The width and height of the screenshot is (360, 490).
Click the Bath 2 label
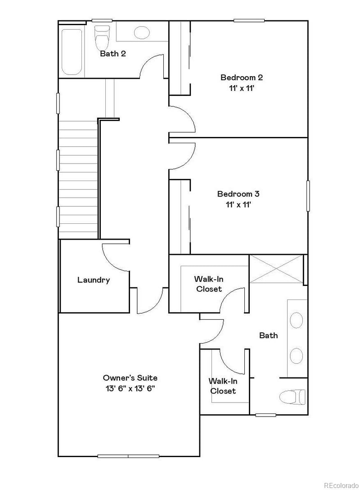(x=112, y=54)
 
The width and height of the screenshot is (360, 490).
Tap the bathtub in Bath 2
(x=72, y=52)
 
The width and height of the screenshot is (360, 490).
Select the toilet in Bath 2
(x=102, y=38)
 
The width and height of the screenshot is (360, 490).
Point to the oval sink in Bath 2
(x=142, y=32)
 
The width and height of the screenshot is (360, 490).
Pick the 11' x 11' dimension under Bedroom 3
(x=238, y=204)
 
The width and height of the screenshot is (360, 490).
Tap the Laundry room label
(x=94, y=280)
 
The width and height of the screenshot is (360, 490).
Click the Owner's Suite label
(x=130, y=378)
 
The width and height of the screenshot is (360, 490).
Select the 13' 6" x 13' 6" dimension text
(x=130, y=388)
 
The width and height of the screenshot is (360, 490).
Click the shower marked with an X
(x=276, y=269)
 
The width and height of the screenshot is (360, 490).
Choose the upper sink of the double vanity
(x=296, y=321)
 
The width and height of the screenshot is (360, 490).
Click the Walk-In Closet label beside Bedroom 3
(x=209, y=284)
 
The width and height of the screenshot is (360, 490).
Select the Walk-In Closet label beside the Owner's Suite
(x=223, y=386)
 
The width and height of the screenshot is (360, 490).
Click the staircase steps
(x=78, y=180)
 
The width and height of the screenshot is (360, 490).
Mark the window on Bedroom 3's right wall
(x=308, y=195)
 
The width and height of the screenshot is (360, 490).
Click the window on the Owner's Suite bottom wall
(x=128, y=456)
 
